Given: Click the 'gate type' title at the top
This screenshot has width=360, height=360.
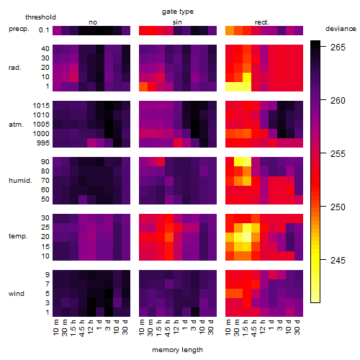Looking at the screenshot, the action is point(178,12).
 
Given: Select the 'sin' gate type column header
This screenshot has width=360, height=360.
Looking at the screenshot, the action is point(177,22).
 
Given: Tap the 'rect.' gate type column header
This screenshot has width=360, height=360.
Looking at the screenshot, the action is point(262,22).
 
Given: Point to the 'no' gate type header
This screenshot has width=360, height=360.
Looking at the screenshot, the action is point(93,22).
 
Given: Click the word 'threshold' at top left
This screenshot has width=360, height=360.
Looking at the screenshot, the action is point(40,17).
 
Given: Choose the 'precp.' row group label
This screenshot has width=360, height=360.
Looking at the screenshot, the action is point(19,29).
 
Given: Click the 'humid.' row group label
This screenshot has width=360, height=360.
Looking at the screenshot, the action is point(20,180).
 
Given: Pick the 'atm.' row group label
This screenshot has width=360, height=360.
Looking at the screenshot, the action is point(16,125).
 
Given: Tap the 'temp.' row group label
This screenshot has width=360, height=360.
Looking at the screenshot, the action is point(18,236).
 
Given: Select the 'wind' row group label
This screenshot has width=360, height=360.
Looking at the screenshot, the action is point(17,294).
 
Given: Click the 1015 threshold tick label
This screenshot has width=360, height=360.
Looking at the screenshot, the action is point(41,105).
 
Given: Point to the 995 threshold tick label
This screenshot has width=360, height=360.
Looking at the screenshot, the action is point(43,143).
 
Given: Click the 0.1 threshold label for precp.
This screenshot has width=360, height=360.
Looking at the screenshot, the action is point(44,30).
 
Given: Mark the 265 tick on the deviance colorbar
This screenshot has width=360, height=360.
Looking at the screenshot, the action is point(338,47).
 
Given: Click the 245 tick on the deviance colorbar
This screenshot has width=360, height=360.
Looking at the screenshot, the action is point(338,260).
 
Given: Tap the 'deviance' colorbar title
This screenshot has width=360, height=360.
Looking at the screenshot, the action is point(341,29).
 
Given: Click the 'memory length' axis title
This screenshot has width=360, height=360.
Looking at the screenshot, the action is point(177,350).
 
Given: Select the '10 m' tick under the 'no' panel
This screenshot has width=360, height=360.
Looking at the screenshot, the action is point(56,328).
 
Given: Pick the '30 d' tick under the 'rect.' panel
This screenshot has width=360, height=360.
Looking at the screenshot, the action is point(297,328).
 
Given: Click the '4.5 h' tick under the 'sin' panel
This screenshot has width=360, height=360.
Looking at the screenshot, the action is point(168,328).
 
